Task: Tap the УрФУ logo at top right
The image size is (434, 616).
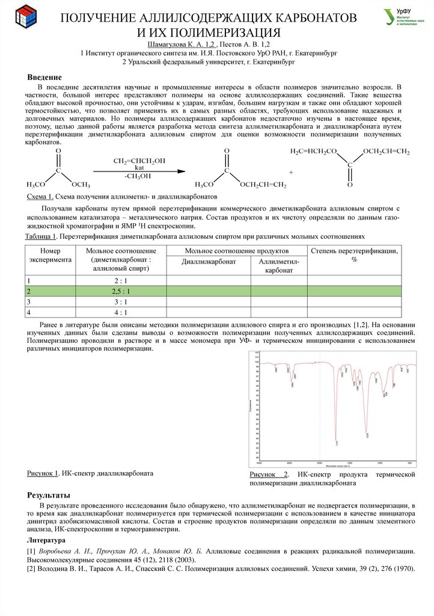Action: pyautogui.click(x=401, y=17)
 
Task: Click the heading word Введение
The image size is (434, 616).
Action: pyautogui.click(x=45, y=78)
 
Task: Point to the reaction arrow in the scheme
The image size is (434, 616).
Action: pyautogui.click(x=138, y=172)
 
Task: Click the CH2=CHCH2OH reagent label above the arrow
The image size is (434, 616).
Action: pyautogui.click(x=139, y=161)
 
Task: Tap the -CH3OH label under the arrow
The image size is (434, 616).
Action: pyautogui.click(x=138, y=176)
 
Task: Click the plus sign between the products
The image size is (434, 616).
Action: pyautogui.click(x=291, y=173)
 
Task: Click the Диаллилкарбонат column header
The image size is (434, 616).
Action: pyautogui.click(x=208, y=262)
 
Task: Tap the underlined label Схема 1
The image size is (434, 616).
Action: pyautogui.click(x=41, y=197)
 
